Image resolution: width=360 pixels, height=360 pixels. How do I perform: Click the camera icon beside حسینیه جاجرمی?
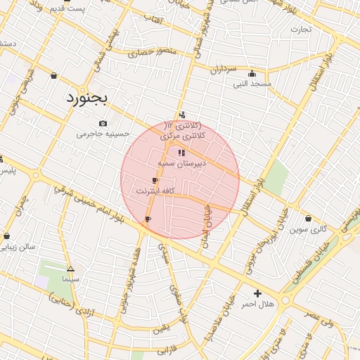(x=104, y=123)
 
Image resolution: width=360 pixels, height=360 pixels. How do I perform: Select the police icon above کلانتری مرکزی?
(x=183, y=115)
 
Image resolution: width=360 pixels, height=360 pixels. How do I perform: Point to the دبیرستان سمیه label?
(x=181, y=162)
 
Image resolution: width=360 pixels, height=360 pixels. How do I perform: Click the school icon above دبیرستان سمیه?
(x=181, y=152)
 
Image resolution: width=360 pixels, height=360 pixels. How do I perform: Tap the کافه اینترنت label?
(x=155, y=191)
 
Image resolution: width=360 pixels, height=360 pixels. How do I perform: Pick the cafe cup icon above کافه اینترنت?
(x=155, y=181)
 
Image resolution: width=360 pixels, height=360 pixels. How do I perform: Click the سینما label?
(x=70, y=279)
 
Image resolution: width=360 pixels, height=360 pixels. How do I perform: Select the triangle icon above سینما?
(x=70, y=269)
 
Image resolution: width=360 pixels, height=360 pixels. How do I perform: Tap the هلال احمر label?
(x=257, y=304)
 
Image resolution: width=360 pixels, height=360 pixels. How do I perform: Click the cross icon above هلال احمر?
(x=257, y=293)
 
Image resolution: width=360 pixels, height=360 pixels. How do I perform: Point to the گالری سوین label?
(x=309, y=229)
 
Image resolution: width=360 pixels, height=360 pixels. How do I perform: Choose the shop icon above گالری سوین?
(x=309, y=218)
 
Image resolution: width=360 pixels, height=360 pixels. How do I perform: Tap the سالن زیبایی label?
(x=18, y=247)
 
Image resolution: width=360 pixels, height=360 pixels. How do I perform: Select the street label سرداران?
(x=225, y=70)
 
